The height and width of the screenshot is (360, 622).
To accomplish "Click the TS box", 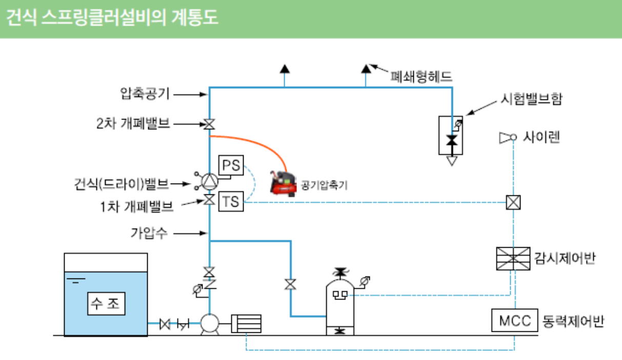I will click(230, 202).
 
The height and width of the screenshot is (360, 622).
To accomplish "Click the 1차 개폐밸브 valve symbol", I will click(209, 200).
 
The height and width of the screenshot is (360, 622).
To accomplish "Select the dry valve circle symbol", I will click(209, 181).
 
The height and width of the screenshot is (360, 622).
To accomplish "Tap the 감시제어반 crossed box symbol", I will click(513, 258).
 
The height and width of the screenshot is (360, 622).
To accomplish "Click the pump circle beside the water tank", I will click(209, 324).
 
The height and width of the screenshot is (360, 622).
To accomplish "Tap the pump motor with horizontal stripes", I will click(246, 324).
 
